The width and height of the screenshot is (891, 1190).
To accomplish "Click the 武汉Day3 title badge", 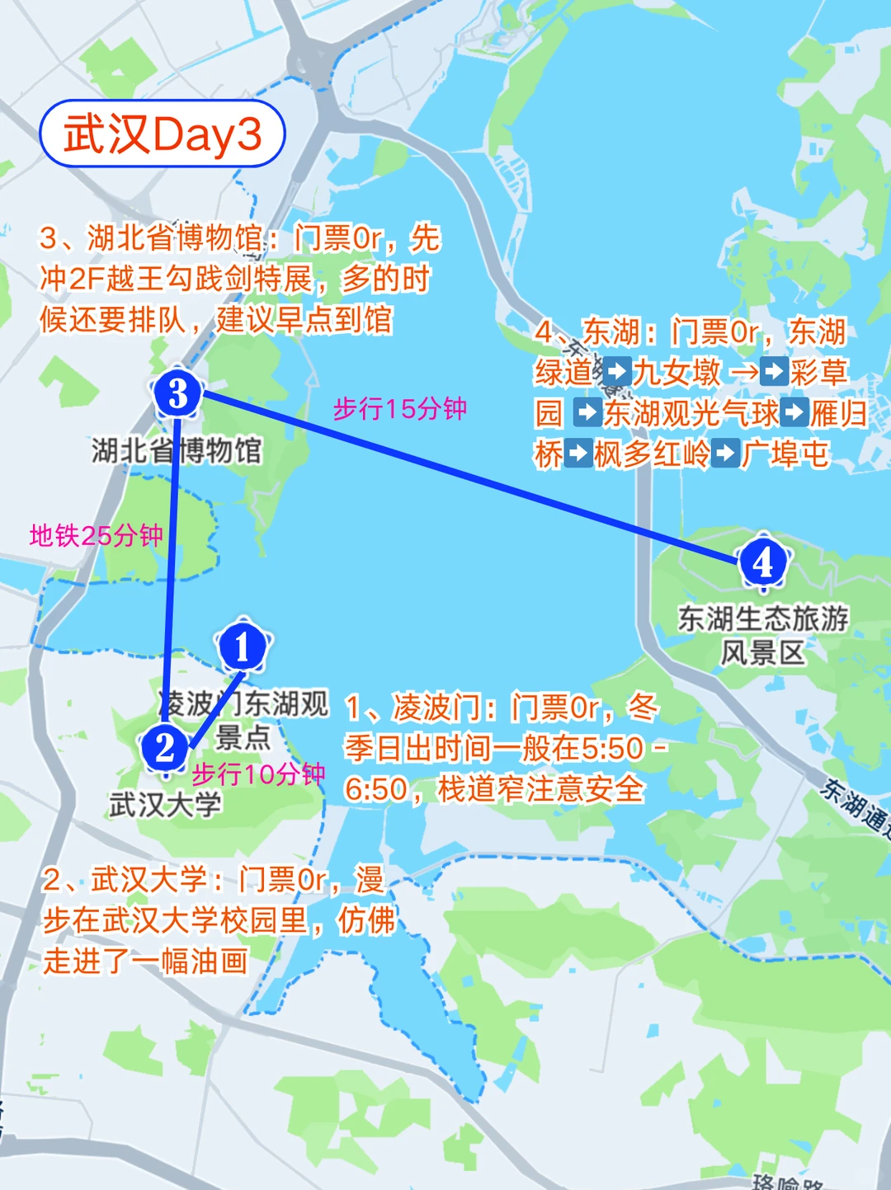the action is point(163,134).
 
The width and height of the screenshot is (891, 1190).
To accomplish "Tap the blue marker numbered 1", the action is point(242,647).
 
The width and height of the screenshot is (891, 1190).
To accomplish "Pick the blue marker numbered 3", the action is point(177,393).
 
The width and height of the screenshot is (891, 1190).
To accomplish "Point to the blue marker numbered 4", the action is point(763,562).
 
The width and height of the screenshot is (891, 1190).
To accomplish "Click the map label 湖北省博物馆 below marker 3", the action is point(177,450).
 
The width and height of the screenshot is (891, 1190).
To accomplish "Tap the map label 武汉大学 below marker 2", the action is point(165,804).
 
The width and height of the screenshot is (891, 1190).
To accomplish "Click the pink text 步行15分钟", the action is point(400,409).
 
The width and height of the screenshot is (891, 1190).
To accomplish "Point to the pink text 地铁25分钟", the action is point(96,536).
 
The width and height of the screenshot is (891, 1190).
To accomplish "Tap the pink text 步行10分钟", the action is point(258,774).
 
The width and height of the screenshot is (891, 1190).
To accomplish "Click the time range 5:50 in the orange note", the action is point(612,749).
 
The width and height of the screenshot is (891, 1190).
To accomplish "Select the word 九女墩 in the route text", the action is point(676,373).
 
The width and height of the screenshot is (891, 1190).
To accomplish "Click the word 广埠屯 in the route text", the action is point(785,454).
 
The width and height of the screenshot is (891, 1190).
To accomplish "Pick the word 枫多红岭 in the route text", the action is point(651,454).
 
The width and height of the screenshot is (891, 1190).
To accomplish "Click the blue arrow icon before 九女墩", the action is point(617,372).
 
